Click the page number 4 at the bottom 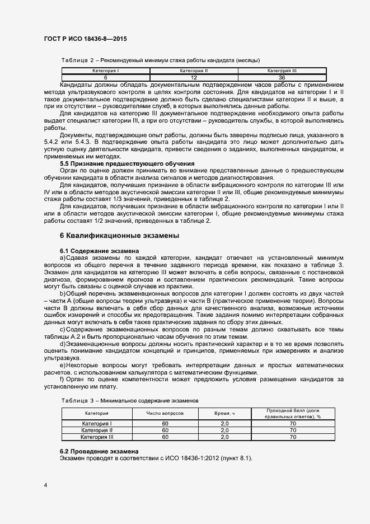(45, 485)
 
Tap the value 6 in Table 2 (105, 77)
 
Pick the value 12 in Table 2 (194, 77)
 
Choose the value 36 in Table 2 (282, 77)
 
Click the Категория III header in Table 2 (282, 71)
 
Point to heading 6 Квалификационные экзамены (119, 236)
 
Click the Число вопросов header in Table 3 (165, 412)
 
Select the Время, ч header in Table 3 (224, 412)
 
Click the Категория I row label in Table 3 (97, 424)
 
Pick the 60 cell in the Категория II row (165, 430)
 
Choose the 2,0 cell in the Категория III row (224, 437)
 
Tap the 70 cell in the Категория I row (293, 424)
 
